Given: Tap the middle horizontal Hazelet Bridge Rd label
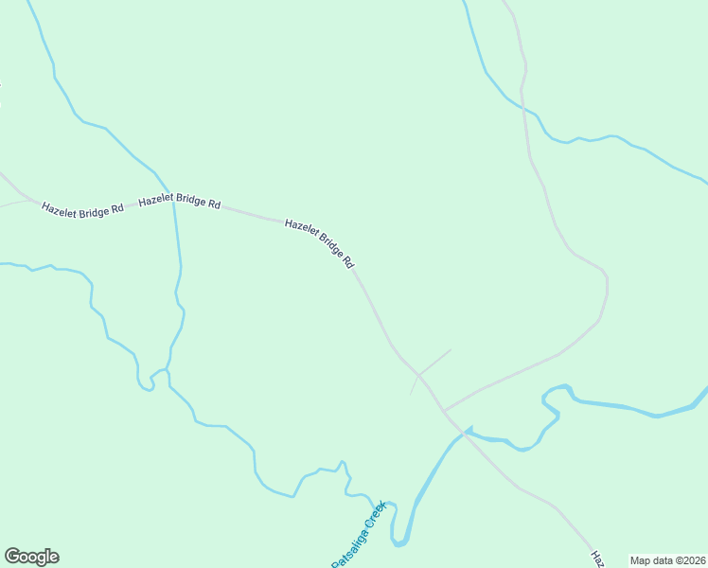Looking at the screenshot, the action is [x=179, y=203].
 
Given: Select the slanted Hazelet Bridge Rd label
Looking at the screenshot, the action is [x=319, y=242].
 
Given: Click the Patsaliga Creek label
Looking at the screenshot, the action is [x=359, y=535].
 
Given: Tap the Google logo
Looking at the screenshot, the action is [x=31, y=557].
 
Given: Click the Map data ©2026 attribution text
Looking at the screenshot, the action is [x=667, y=560].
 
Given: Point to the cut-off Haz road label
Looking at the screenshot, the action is [x=597, y=559].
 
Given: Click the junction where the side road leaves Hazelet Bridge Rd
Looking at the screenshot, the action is [x=443, y=411].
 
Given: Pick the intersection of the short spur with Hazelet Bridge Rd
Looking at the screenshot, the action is [x=419, y=375].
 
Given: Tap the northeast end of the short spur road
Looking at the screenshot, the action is [x=451, y=350].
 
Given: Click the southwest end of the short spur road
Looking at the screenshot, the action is [x=410, y=395].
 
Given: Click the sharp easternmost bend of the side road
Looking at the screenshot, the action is [x=607, y=284].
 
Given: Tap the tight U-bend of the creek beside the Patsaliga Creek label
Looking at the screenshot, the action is [x=399, y=542].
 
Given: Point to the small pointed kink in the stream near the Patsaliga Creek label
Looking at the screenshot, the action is [x=344, y=463].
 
